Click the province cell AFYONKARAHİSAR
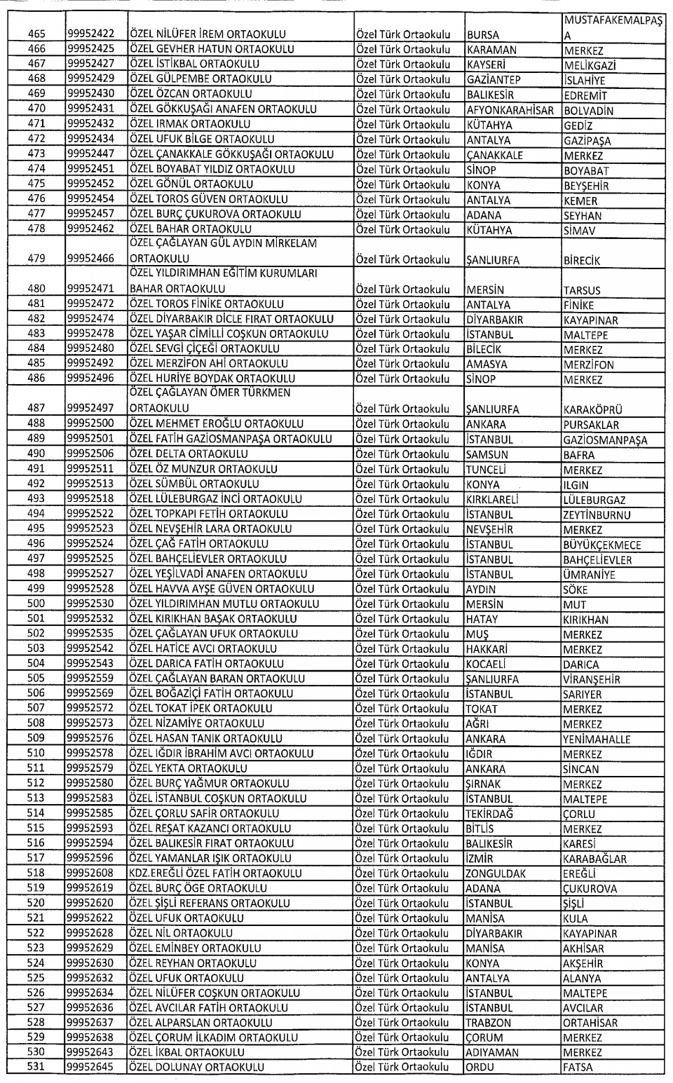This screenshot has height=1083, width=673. pos(510,110)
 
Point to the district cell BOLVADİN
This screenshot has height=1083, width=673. pos(588,111)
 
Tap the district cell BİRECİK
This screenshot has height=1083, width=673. pos(583,261)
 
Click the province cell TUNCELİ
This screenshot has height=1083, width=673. pos(486,470)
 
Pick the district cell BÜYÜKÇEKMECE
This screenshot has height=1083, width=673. pos(601,545)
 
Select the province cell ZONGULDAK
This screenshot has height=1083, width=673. pos(496,873)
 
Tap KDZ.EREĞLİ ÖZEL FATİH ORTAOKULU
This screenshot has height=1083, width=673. pos(215,873)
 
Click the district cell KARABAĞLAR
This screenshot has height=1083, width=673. pos(594,859)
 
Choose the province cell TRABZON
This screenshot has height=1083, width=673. pos(489,1023)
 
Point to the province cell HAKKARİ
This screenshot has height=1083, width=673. pos(487,649)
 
